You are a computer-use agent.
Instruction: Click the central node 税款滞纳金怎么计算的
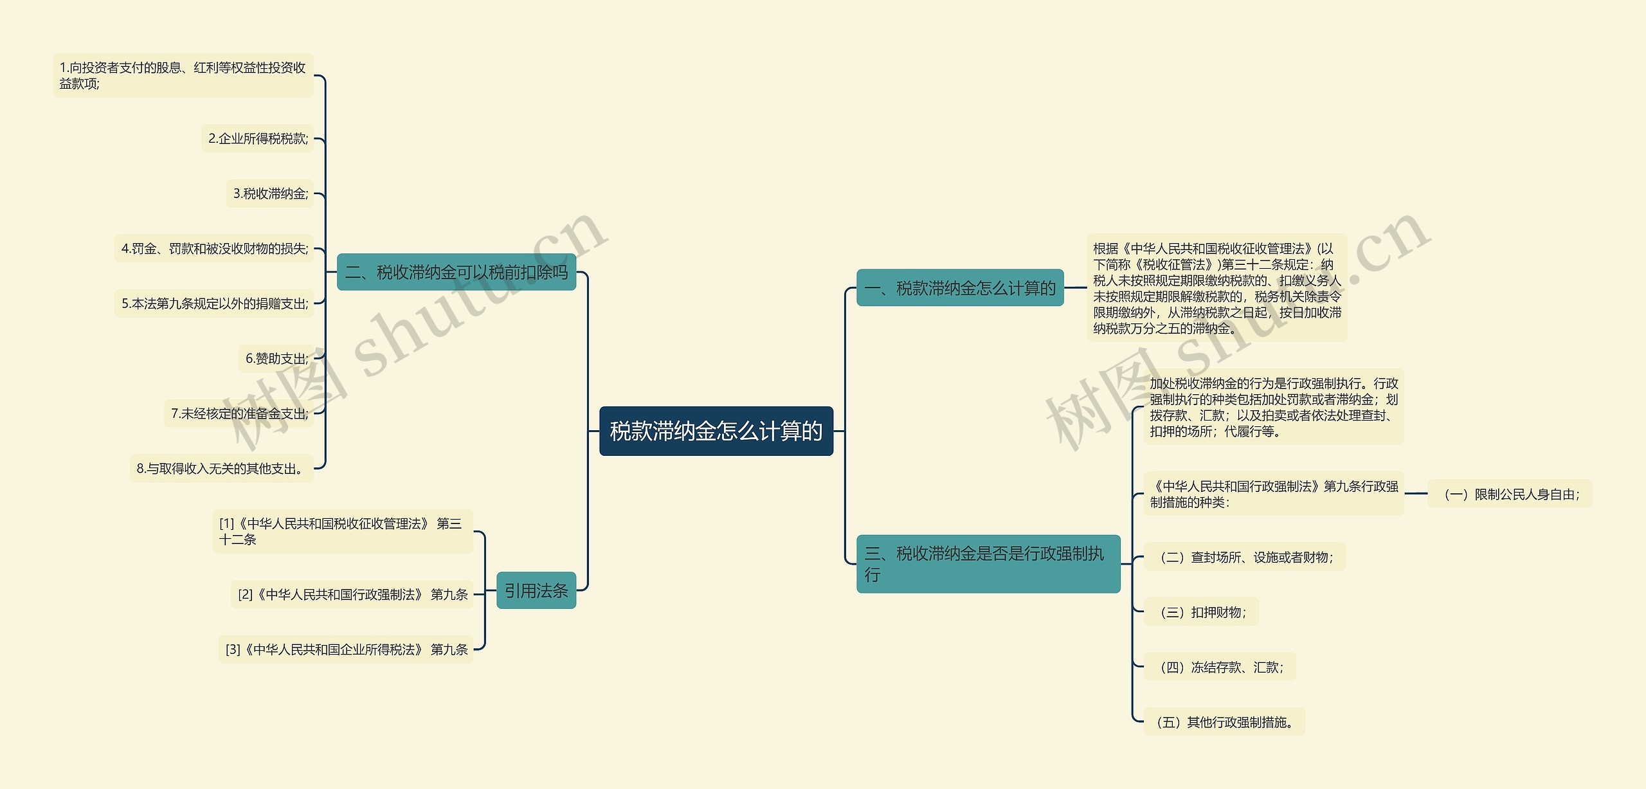(x=716, y=431)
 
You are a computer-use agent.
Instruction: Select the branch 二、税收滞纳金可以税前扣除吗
(x=456, y=272)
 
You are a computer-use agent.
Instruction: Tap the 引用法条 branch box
(x=536, y=590)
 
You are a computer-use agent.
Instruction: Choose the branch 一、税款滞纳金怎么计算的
(x=959, y=288)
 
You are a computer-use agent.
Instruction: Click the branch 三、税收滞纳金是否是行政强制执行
(x=988, y=563)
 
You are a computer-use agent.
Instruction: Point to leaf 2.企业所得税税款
(x=258, y=138)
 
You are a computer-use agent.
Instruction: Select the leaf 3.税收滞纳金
(x=270, y=194)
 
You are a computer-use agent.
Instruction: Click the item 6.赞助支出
(x=276, y=358)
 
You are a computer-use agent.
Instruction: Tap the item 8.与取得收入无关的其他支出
(x=221, y=468)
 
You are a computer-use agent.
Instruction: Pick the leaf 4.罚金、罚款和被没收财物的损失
(x=214, y=248)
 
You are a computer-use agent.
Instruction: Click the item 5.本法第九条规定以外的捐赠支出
(x=214, y=304)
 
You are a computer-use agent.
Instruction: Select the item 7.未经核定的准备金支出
(x=239, y=413)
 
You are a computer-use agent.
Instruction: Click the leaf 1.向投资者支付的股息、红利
(x=183, y=75)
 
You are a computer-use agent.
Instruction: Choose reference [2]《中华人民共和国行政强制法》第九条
(x=352, y=594)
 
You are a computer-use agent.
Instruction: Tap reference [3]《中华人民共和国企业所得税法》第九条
(x=346, y=649)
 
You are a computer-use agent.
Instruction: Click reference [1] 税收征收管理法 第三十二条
(x=342, y=531)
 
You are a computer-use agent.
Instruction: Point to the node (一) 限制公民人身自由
(x=1510, y=494)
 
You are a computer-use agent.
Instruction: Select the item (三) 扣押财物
(x=1201, y=612)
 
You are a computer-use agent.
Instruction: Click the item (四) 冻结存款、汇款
(x=1220, y=667)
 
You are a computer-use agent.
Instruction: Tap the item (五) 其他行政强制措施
(x=1224, y=722)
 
